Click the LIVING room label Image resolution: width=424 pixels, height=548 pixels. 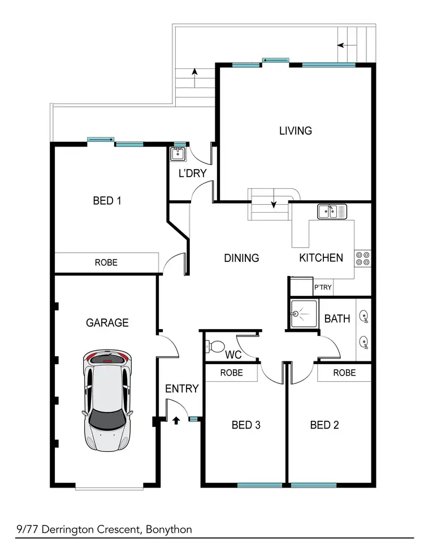click(295, 131)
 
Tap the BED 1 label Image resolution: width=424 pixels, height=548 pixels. click(107, 200)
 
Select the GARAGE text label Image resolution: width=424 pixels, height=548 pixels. click(107, 322)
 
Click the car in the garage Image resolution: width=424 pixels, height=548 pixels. click(107, 399)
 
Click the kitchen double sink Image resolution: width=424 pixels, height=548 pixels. click(333, 212)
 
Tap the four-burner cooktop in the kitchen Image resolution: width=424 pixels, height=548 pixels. click(362, 258)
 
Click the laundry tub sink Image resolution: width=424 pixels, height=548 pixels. click(179, 153)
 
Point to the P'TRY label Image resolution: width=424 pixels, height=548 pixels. click(323, 288)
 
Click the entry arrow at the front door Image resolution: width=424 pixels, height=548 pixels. click(175, 420)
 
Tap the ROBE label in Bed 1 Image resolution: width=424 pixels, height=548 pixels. click(106, 262)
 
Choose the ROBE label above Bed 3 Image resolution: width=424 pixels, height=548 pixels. click(231, 373)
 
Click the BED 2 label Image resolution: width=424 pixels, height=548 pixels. click(325, 425)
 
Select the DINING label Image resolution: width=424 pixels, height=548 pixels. click(241, 258)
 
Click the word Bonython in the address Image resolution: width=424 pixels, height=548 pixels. click(168, 529)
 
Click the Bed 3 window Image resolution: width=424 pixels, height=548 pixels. click(259, 485)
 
